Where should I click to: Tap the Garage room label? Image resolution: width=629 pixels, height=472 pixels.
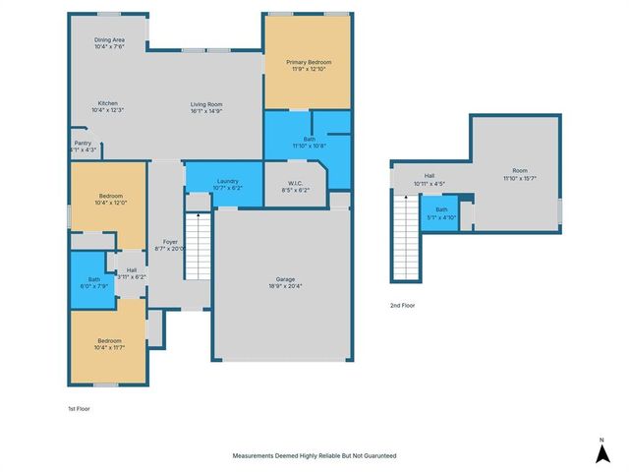pyautogui.click(x=285, y=278)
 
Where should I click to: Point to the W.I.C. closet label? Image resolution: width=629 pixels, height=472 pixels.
pyautogui.click(x=295, y=183)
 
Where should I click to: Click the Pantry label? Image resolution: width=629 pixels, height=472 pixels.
pyautogui.click(x=83, y=143)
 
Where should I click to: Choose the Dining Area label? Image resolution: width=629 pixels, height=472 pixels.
pyautogui.click(x=109, y=40)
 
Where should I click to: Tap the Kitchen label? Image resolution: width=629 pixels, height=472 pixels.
pyautogui.click(x=108, y=103)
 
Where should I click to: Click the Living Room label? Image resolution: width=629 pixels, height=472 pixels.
pyautogui.click(x=206, y=103)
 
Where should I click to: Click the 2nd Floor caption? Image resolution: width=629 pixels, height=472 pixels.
pyautogui.click(x=402, y=306)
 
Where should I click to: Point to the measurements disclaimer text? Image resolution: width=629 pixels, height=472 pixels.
pyautogui.click(x=314, y=456)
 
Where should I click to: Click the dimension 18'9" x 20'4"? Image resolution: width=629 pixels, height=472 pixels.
pyautogui.click(x=285, y=286)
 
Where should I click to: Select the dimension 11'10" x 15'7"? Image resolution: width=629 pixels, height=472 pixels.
pyautogui.click(x=521, y=178)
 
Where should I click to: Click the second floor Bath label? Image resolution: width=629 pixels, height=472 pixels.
pyautogui.click(x=441, y=208)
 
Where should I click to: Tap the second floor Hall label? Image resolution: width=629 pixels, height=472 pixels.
pyautogui.click(x=429, y=176)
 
